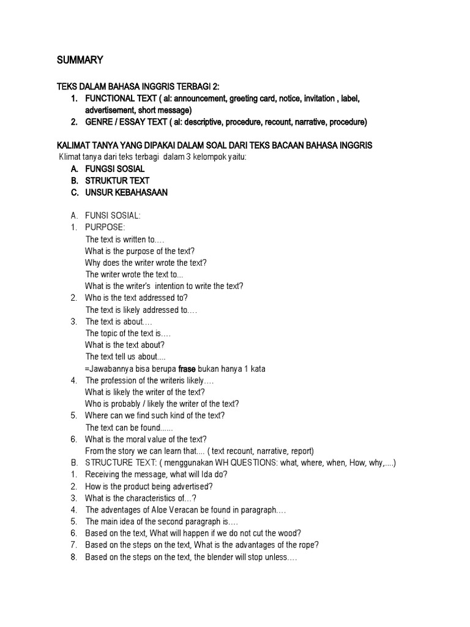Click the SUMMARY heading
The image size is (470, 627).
(x=80, y=60)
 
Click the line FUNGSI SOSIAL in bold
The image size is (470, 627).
(x=115, y=168)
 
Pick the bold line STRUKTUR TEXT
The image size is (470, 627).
(x=117, y=181)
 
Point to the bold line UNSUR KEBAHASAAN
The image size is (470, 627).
(x=126, y=192)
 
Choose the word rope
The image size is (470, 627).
(x=306, y=545)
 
